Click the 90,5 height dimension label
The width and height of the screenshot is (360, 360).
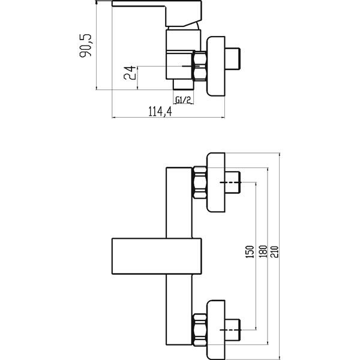click(x=85, y=46)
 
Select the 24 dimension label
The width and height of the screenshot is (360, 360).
click(x=130, y=73)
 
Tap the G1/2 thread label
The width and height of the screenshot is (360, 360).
click(x=183, y=100)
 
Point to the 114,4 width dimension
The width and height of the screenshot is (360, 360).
click(x=160, y=112)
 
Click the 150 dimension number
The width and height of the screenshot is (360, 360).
click(x=250, y=251)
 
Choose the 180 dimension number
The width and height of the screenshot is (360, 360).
click(x=263, y=251)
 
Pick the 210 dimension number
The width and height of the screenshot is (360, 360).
click(x=274, y=251)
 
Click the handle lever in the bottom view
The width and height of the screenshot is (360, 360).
click(x=157, y=256)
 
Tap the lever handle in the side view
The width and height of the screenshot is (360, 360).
click(x=157, y=13)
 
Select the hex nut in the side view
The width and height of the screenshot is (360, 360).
click(x=200, y=66)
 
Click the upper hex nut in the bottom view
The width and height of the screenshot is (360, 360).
click(x=200, y=182)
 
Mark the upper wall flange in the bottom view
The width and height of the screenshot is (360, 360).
click(x=216, y=182)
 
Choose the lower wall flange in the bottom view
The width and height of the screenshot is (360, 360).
click(x=216, y=330)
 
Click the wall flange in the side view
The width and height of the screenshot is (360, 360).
click(x=216, y=66)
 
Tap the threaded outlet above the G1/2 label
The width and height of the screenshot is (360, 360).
click(x=183, y=84)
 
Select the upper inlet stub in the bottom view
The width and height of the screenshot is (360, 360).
click(x=233, y=182)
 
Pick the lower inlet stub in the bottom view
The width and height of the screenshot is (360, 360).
click(x=233, y=330)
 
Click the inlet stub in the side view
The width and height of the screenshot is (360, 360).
click(x=233, y=59)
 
